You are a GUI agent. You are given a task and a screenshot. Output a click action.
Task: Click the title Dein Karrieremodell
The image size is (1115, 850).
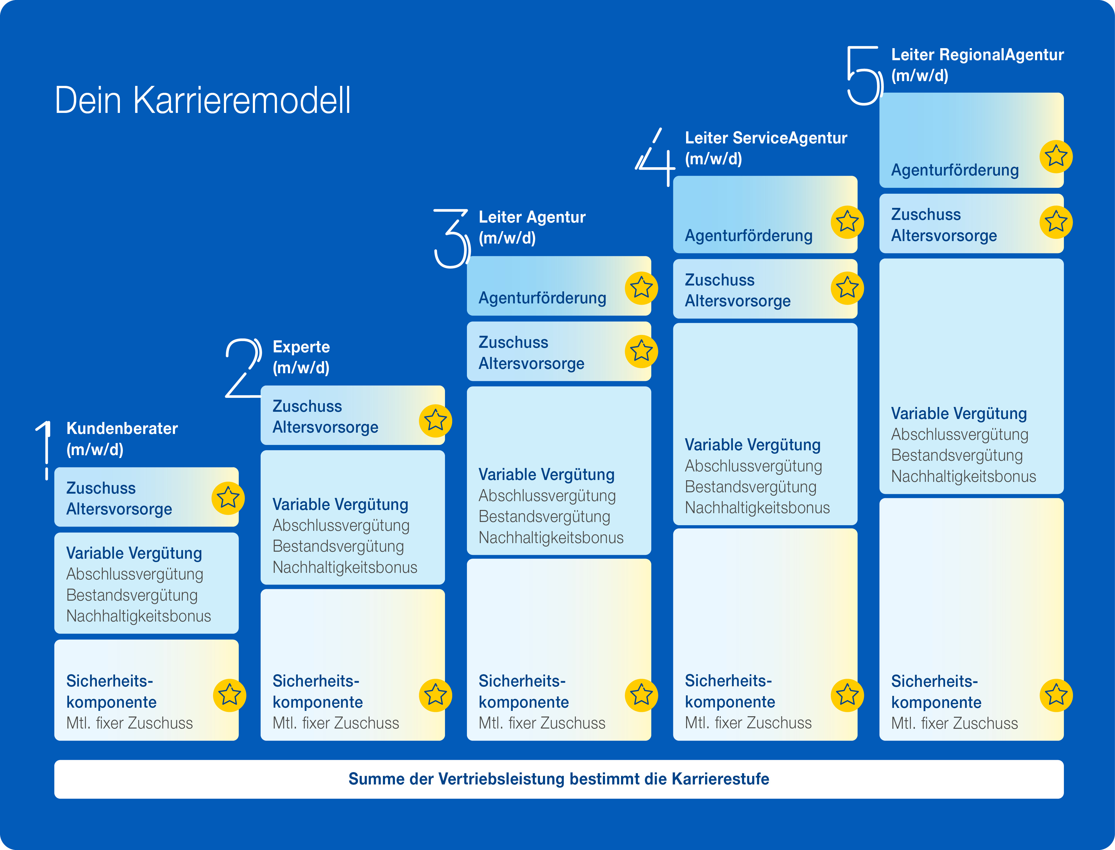[202, 100]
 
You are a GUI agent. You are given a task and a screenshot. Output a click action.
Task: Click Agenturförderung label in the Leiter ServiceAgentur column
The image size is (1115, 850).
[749, 236]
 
